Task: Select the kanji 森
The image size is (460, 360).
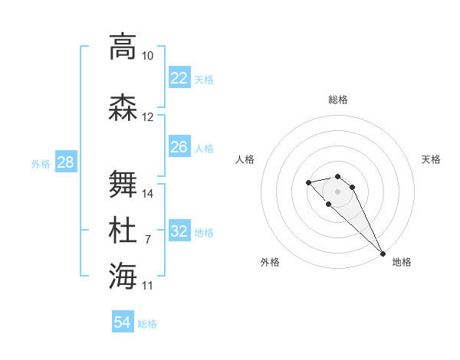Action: [122, 108]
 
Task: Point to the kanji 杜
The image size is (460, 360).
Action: [122, 231]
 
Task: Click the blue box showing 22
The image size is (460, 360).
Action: [179, 78]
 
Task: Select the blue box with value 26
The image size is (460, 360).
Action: [179, 147]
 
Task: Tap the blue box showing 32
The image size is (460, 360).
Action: [179, 231]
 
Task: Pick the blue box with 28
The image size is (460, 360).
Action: [65, 162]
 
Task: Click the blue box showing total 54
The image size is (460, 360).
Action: [123, 322]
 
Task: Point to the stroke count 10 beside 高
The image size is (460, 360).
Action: [147, 56]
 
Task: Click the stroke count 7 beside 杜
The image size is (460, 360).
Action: [147, 240]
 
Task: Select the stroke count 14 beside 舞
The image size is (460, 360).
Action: [148, 193]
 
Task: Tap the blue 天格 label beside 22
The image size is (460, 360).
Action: [204, 79]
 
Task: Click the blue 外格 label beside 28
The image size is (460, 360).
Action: [41, 163]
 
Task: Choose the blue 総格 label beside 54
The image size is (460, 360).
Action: [147, 324]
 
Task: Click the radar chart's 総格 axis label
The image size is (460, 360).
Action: [337, 100]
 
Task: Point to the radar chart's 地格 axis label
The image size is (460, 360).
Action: [402, 262]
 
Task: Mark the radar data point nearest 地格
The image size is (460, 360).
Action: [383, 254]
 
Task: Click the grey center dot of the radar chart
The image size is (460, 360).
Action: [337, 191]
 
